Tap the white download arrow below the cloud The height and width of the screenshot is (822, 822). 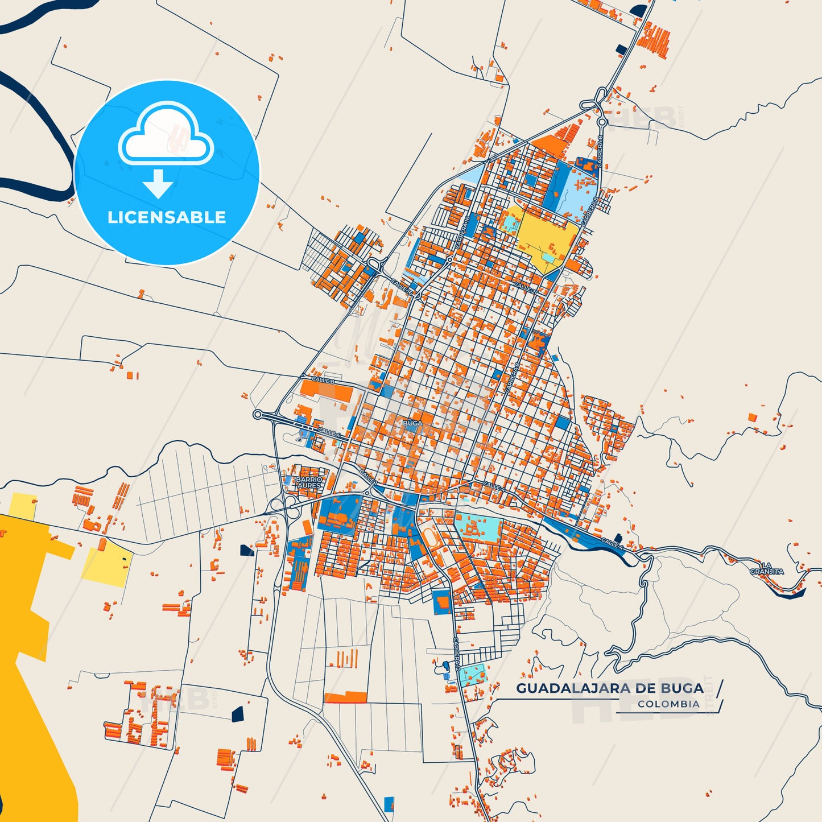pyautogui.click(x=158, y=184)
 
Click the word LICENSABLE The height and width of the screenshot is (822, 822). pyautogui.click(x=167, y=217)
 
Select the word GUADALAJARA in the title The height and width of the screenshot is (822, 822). pyautogui.click(x=573, y=688)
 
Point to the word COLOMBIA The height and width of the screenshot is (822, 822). pyautogui.click(x=668, y=704)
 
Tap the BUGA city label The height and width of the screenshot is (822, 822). pyautogui.click(x=412, y=423)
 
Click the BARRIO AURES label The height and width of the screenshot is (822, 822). pyautogui.click(x=309, y=482)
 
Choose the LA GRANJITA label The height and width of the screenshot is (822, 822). pyautogui.click(x=766, y=568)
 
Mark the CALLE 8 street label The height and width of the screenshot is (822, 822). pyautogui.click(x=323, y=379)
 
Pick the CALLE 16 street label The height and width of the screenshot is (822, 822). pyautogui.click(x=402, y=287)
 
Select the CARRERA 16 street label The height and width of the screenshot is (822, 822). pyautogui.click(x=461, y=233)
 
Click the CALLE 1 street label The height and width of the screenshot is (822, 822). pyautogui.click(x=368, y=477)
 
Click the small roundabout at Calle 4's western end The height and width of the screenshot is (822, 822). pyautogui.click(x=258, y=415)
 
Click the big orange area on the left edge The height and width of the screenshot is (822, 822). pyautogui.click(x=28, y=654)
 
